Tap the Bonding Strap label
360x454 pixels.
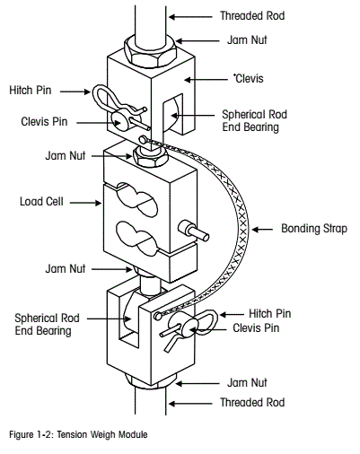point(309,228)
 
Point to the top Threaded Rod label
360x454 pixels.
point(252,16)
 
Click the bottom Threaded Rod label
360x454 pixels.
point(252,403)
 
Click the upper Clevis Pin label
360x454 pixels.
point(40,120)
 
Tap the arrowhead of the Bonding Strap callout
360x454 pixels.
point(253,229)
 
